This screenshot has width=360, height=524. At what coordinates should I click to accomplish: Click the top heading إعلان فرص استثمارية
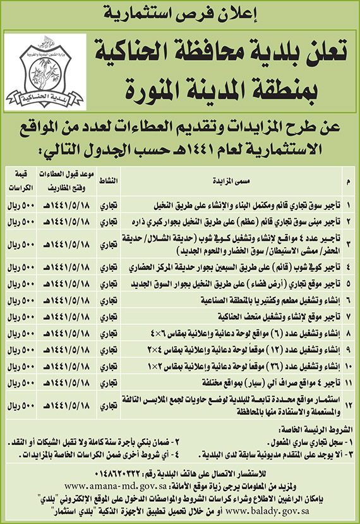click(x=180, y=12)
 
